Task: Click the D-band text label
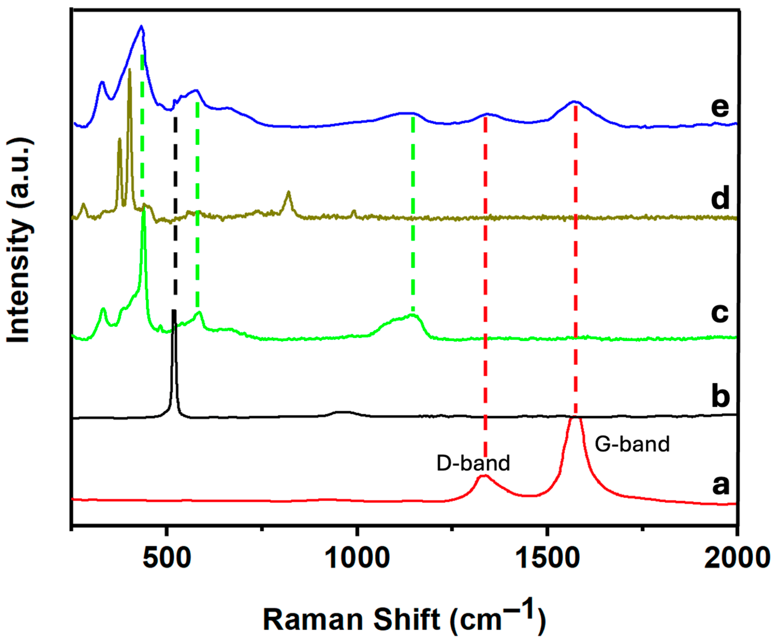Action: tap(473, 463)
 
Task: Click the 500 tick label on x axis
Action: tap(167, 558)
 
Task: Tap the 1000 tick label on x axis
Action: tap(357, 558)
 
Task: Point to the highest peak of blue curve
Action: tap(141, 26)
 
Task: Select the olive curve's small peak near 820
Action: tap(289, 192)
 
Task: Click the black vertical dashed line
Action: tap(175, 214)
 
